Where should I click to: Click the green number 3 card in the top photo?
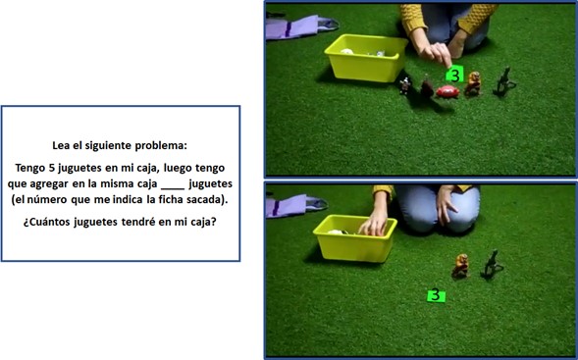coord(455,74)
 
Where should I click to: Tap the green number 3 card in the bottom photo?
coord(436,295)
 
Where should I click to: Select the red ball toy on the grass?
coord(447,92)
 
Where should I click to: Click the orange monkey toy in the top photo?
coord(473,83)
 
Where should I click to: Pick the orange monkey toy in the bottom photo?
coord(461,265)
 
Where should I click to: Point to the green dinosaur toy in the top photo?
coord(503,82)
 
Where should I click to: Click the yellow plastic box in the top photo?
coord(365,58)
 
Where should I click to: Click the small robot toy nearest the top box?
coord(405,86)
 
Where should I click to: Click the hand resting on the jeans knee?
coord(447,206)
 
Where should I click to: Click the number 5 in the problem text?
coord(52,168)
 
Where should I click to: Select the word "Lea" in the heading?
coord(61,145)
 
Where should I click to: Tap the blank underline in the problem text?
coord(173,188)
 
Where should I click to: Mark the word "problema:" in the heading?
coord(161,146)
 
